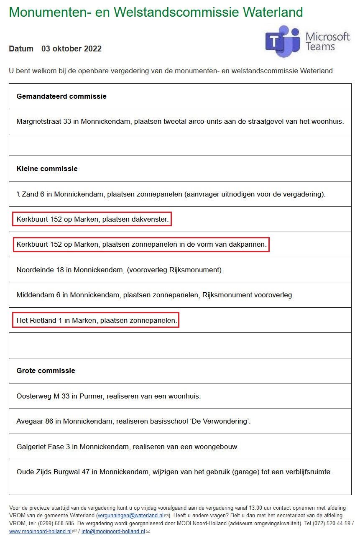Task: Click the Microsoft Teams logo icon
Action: (283, 41)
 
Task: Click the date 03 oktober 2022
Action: (71, 49)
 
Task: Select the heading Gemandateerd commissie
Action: (61, 96)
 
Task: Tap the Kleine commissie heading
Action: (47, 169)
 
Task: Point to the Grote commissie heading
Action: (46, 370)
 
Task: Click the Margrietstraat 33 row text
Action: (180, 122)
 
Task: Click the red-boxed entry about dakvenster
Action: (92, 219)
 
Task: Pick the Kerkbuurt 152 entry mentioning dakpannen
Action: (141, 244)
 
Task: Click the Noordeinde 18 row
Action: (120, 270)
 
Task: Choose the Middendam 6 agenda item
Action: (155, 295)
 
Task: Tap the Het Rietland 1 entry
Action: (96, 320)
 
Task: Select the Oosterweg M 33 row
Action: (108, 396)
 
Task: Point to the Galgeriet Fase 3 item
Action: (128, 447)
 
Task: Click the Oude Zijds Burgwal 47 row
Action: (174, 472)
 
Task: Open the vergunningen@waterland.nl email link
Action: (130, 516)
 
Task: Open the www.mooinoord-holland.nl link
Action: (40, 531)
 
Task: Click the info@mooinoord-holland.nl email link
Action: (113, 531)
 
